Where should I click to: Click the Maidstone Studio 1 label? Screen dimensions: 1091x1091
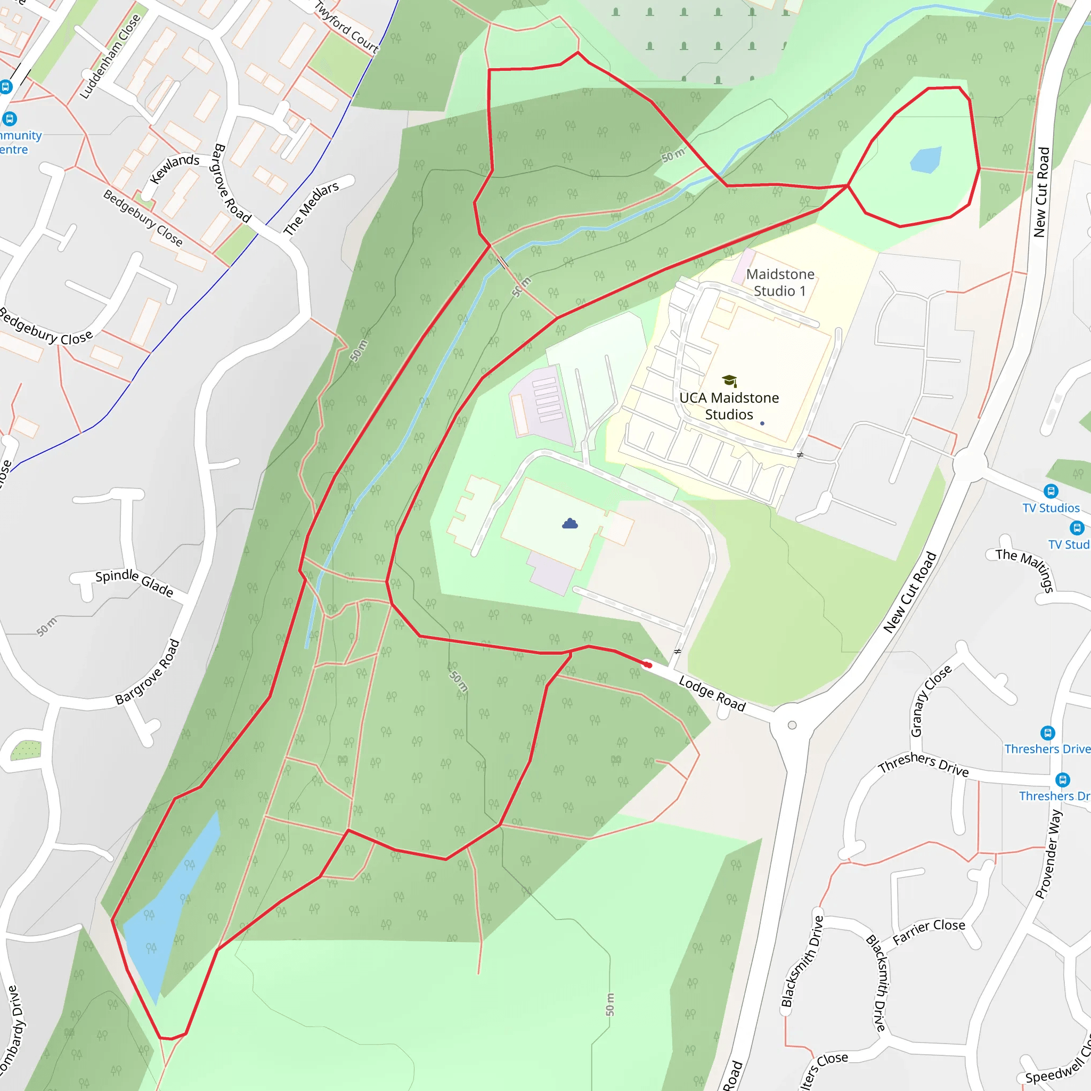(780, 282)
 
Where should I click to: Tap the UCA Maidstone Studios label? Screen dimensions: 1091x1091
(729, 406)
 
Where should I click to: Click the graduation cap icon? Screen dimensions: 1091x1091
(730, 380)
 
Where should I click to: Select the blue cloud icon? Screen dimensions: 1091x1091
(570, 524)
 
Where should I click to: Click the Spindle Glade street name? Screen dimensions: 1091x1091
(134, 583)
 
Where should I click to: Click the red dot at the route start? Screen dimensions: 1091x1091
(648, 665)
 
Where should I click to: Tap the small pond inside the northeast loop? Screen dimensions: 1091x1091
(925, 160)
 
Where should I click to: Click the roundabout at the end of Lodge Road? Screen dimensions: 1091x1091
(792, 725)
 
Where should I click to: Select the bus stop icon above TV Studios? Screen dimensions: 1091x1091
(1051, 491)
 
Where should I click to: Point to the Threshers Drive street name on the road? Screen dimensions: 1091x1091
(924, 765)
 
